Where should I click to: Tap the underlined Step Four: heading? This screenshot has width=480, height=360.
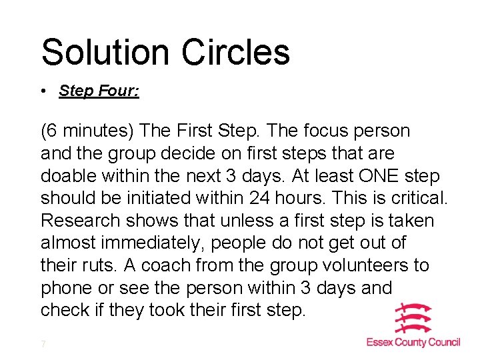coord(99,91)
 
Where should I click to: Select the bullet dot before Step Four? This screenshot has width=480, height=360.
coord(43,91)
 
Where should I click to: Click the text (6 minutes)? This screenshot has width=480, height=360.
coord(82,131)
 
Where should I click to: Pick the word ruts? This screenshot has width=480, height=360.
coord(101,265)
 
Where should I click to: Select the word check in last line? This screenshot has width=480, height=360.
coord(63,310)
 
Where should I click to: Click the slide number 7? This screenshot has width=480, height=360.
coord(43,344)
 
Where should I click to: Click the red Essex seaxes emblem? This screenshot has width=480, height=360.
coord(413,319)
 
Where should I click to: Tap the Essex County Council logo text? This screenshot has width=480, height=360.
coord(413,342)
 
